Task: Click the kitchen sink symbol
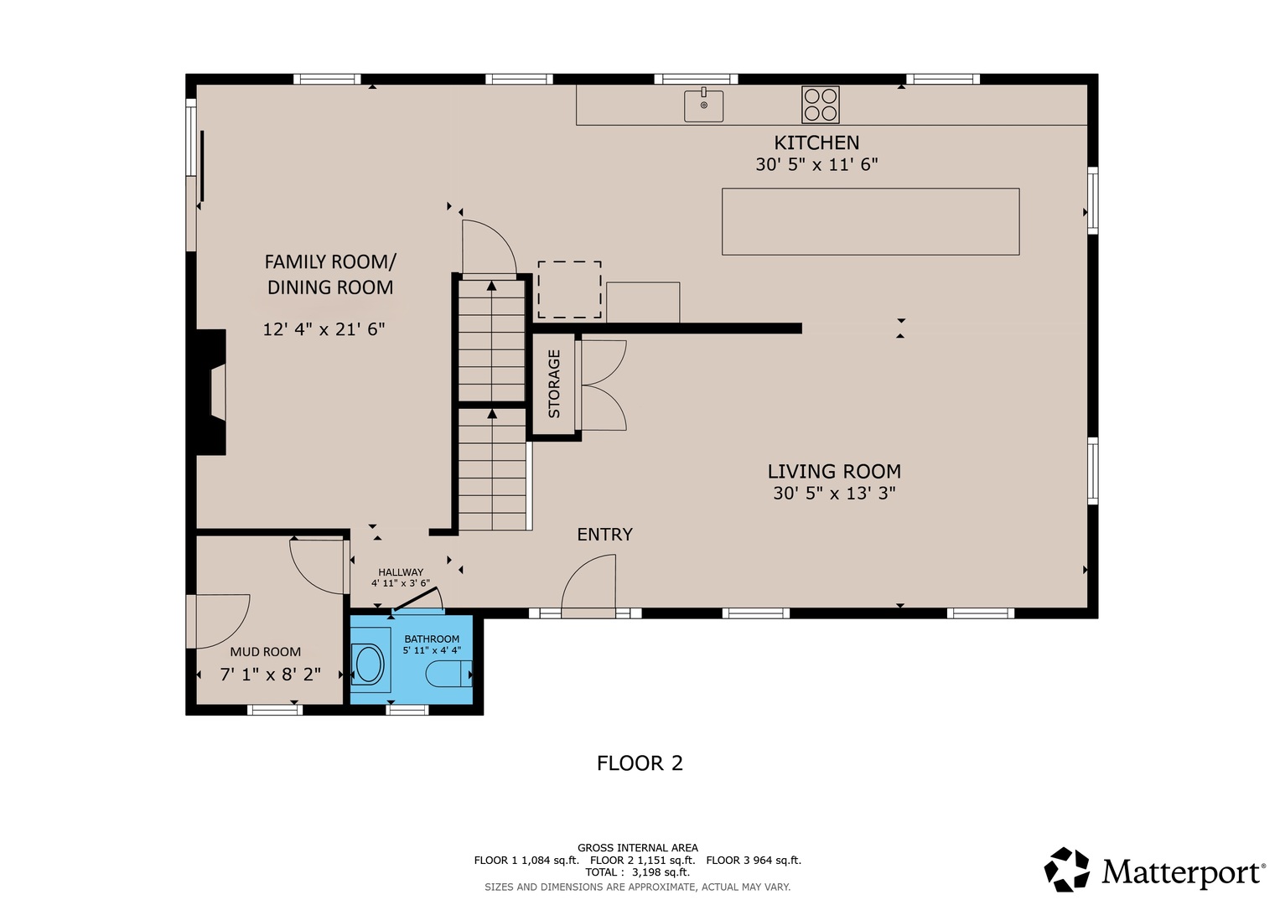(703, 105)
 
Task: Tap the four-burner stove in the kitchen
(820, 105)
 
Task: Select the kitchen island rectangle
(870, 222)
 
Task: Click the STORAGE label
(554, 384)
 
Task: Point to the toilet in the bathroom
(449, 674)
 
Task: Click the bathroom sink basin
(369, 664)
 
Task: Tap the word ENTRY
(604, 535)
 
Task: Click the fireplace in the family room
(211, 392)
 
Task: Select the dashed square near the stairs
(569, 290)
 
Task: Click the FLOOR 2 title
(640, 763)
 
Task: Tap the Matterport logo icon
(1066, 869)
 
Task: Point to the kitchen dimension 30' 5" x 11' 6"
(816, 164)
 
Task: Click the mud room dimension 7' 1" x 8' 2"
(270, 675)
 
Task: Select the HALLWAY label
(401, 571)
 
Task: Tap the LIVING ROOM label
(834, 471)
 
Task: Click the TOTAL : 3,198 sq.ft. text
(637, 872)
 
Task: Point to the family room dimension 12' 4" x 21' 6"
(324, 329)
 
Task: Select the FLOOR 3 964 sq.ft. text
(754, 861)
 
